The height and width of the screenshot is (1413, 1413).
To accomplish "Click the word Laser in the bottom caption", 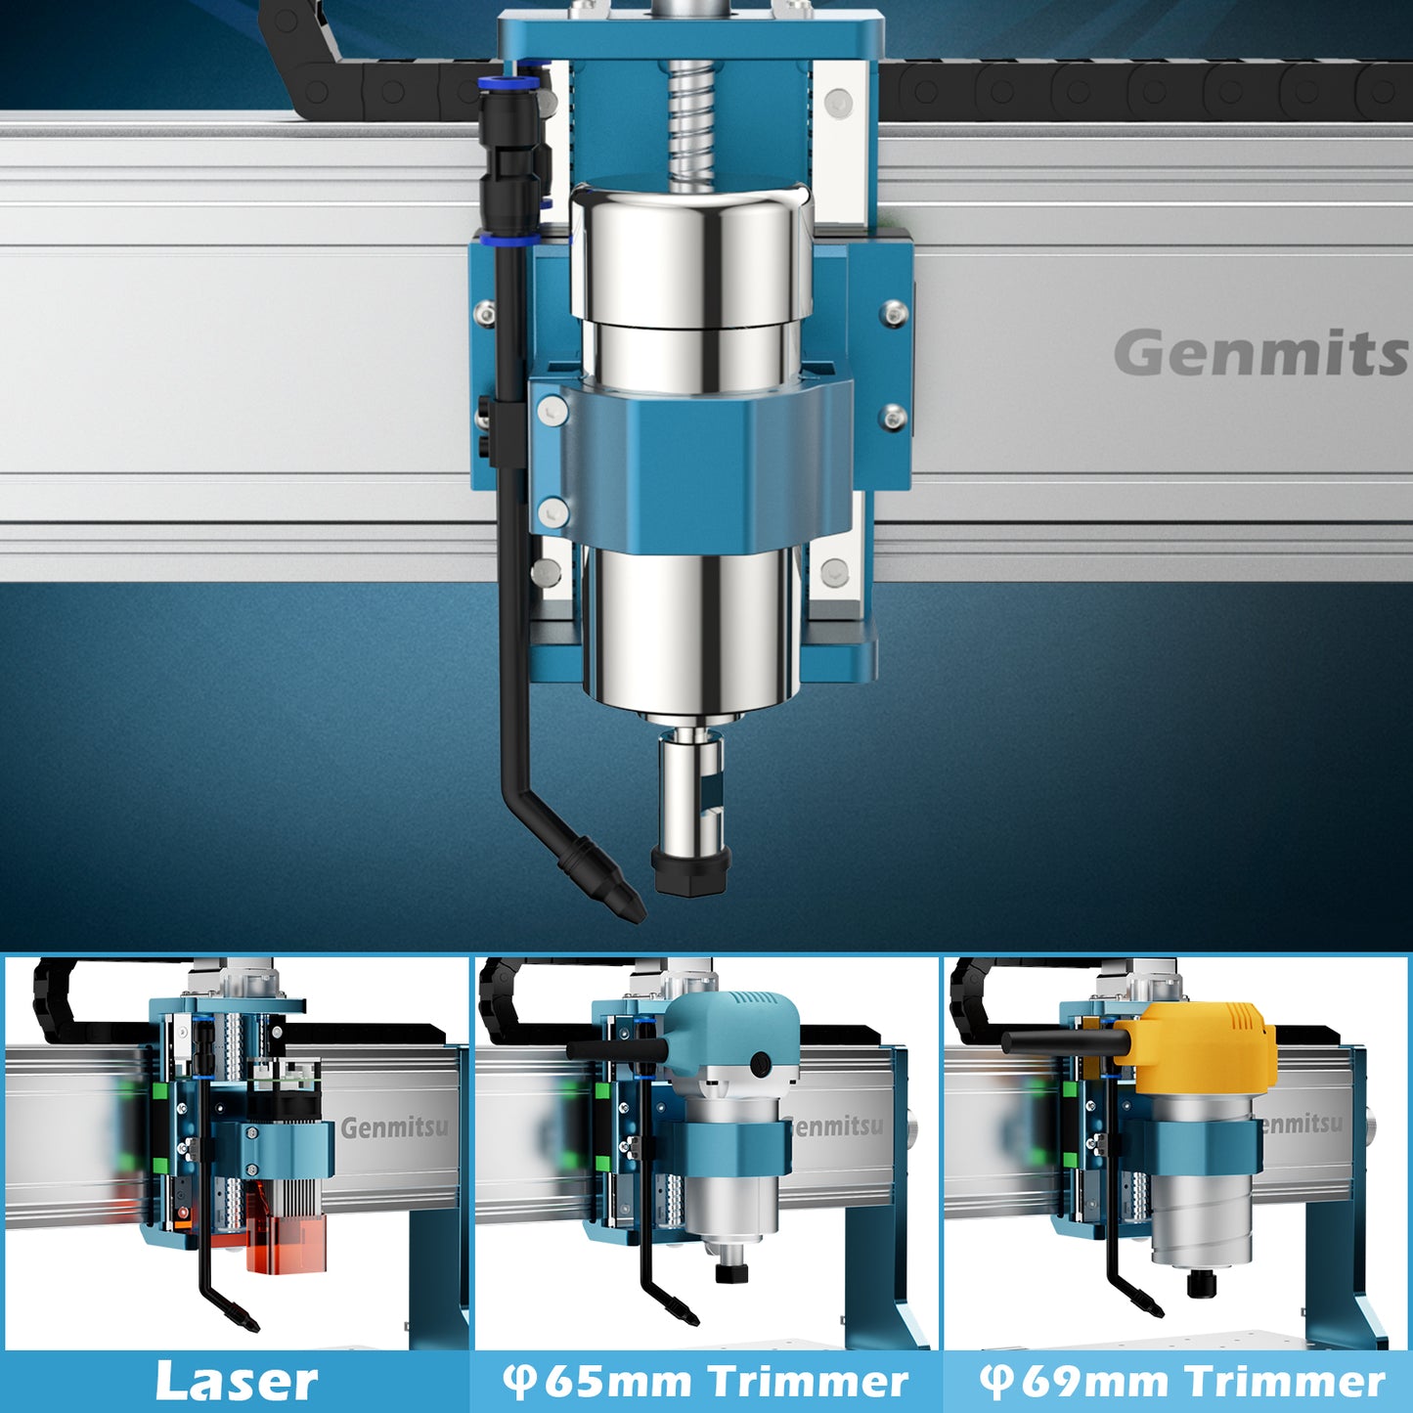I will (237, 1382).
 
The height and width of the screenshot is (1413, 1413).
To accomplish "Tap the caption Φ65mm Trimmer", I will (706, 1382).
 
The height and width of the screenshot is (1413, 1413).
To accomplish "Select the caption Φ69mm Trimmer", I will (1182, 1382).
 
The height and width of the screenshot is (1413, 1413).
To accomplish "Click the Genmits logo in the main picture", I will (1261, 353).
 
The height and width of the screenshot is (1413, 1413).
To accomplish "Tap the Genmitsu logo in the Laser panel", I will (395, 1127).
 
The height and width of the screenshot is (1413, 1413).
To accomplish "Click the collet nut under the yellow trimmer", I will (1201, 1282).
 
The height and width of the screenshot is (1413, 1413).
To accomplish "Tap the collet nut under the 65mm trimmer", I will (730, 1272).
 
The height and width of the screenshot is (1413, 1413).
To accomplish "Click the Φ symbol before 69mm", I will (996, 1382).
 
